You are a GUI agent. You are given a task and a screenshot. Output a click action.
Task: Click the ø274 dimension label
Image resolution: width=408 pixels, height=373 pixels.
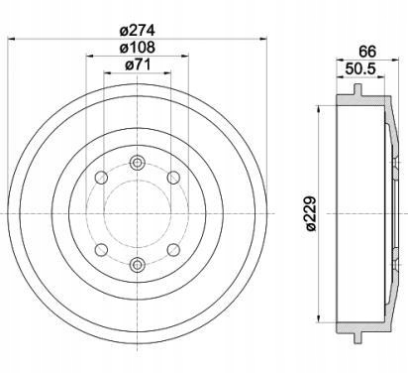(x=138, y=31)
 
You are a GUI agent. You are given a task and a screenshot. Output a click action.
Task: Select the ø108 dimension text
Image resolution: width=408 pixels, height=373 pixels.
(x=138, y=48)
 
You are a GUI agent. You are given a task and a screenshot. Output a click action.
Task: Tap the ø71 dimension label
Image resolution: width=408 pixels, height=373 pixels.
(x=138, y=64)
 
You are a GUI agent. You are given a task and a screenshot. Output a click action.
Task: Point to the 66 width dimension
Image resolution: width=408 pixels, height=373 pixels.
(x=367, y=52)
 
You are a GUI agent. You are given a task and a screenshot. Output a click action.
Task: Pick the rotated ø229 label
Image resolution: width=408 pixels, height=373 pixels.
(x=310, y=213)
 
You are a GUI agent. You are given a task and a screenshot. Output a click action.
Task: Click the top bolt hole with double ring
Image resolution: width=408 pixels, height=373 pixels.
(x=138, y=163)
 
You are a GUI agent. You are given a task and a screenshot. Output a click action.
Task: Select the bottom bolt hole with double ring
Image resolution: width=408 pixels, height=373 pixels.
(x=138, y=264)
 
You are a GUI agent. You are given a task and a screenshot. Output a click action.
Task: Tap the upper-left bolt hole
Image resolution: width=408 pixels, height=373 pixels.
(x=101, y=178)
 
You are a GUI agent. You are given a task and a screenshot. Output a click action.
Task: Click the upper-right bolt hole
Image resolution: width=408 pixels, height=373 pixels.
(x=173, y=178)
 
